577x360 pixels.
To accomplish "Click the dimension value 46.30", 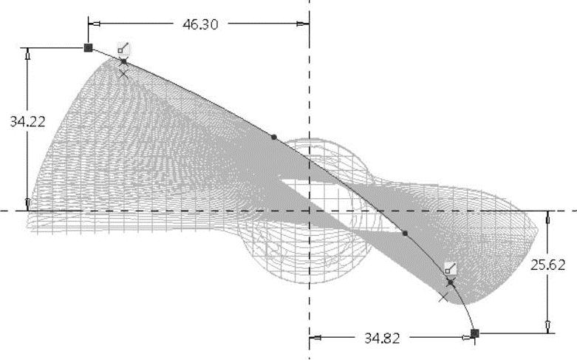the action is [200, 24].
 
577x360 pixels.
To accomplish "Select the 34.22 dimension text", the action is [27, 121].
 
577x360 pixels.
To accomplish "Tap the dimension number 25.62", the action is [547, 265].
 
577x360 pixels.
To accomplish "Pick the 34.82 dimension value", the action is [382, 338].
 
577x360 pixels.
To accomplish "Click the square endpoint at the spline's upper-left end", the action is [89, 48].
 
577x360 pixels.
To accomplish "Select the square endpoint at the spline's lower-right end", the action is [475, 333].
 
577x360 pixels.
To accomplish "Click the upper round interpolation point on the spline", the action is [274, 137].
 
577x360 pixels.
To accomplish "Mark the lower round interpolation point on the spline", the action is [405, 234].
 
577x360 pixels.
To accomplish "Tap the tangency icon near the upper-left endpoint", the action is [123, 48].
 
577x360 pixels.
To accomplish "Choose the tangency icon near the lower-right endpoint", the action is [451, 268].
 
